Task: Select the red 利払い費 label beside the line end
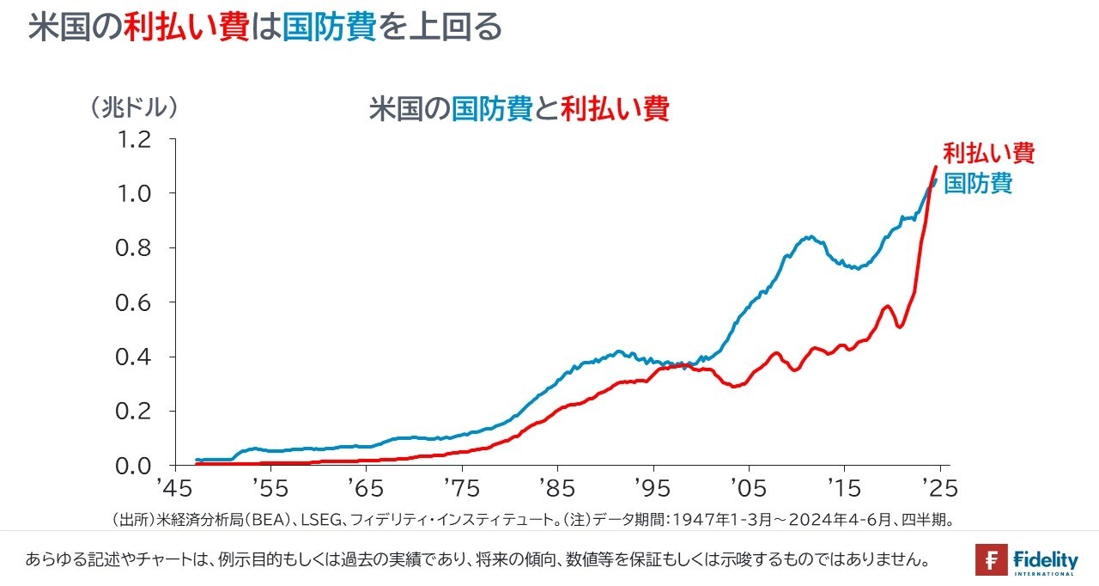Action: click(x=988, y=153)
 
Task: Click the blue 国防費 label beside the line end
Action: click(x=978, y=183)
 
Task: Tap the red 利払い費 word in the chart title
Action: click(x=614, y=109)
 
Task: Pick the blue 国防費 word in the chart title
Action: click(x=492, y=109)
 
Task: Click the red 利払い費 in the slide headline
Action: click(x=186, y=27)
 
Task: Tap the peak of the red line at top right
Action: click(x=936, y=167)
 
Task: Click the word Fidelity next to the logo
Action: click(x=1045, y=558)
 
